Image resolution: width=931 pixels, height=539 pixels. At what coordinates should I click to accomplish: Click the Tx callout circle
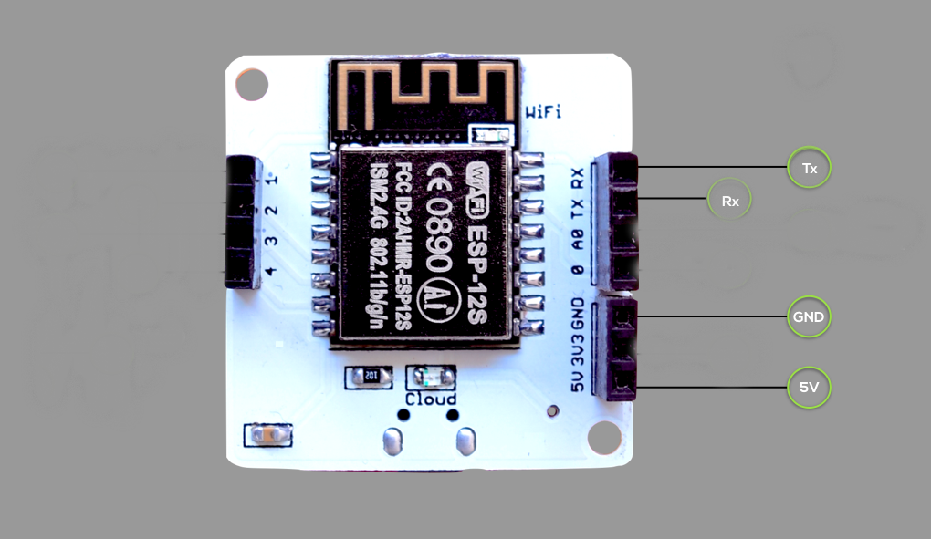(809, 168)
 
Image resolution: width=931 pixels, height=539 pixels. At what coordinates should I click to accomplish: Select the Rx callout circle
(729, 200)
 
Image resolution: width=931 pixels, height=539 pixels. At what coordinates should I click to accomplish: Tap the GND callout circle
(809, 317)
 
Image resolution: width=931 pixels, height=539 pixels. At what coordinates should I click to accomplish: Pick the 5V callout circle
(809, 387)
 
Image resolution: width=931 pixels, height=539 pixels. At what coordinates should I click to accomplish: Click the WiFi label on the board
(543, 112)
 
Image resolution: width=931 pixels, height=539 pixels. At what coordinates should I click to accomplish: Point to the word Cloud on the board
(431, 399)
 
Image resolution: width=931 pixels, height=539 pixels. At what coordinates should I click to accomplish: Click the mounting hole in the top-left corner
(252, 85)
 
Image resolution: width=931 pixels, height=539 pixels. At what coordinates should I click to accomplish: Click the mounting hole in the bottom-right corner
(603, 437)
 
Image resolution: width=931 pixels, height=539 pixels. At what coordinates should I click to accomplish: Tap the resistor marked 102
(370, 375)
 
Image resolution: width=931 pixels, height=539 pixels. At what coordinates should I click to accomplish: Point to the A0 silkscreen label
(577, 240)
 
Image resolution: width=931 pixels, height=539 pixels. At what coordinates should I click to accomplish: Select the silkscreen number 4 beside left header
(271, 271)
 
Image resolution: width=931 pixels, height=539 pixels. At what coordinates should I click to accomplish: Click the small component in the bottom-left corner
(268, 435)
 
